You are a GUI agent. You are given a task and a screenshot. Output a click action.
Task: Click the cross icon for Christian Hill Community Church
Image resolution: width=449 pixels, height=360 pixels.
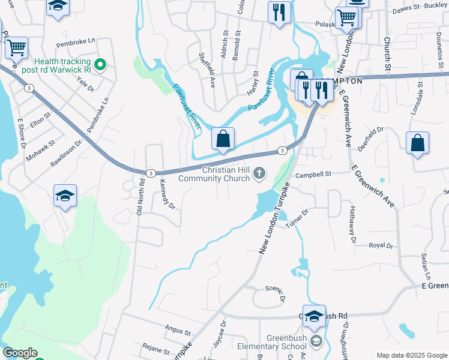(259, 174)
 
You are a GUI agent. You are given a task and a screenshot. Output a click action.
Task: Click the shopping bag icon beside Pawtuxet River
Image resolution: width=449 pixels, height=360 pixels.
(223, 139)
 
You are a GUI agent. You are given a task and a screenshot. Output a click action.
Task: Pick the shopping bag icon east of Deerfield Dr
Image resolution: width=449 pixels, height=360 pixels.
(417, 143)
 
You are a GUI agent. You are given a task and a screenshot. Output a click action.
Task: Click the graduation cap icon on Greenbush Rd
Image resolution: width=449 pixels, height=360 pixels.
(315, 316)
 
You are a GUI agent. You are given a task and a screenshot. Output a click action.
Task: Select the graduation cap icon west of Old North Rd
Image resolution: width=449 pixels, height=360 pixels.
(65, 196)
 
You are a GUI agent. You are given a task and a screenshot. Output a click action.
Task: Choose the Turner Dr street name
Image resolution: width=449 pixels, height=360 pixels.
(297, 218)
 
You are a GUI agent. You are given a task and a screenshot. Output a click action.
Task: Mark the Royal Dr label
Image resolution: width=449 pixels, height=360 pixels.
(380, 245)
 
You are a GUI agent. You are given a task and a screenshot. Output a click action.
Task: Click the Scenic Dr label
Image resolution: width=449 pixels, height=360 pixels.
(275, 293)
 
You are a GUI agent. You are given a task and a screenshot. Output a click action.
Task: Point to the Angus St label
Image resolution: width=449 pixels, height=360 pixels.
(177, 331)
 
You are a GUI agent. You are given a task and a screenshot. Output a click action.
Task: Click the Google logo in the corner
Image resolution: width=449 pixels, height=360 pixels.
(20, 353)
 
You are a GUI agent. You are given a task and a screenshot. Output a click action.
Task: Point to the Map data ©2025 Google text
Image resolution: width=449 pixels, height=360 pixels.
(411, 355)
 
